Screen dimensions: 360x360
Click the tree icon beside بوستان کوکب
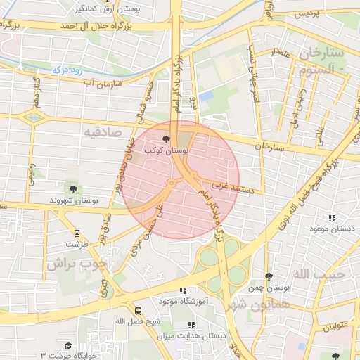click(166, 139)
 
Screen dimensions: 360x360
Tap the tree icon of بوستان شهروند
click(72, 188)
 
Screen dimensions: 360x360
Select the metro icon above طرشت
click(76, 234)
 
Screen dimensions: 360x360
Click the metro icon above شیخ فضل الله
click(138, 309)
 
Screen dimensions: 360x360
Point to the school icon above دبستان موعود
click(331, 218)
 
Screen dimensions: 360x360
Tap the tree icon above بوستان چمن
click(269, 277)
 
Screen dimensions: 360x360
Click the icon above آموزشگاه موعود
click(183, 290)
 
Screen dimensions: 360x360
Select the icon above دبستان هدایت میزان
click(191, 325)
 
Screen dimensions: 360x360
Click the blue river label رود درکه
click(67, 70)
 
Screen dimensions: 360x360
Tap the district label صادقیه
click(103, 131)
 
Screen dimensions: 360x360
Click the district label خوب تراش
click(77, 264)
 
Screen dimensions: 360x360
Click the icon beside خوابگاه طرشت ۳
click(68, 345)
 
